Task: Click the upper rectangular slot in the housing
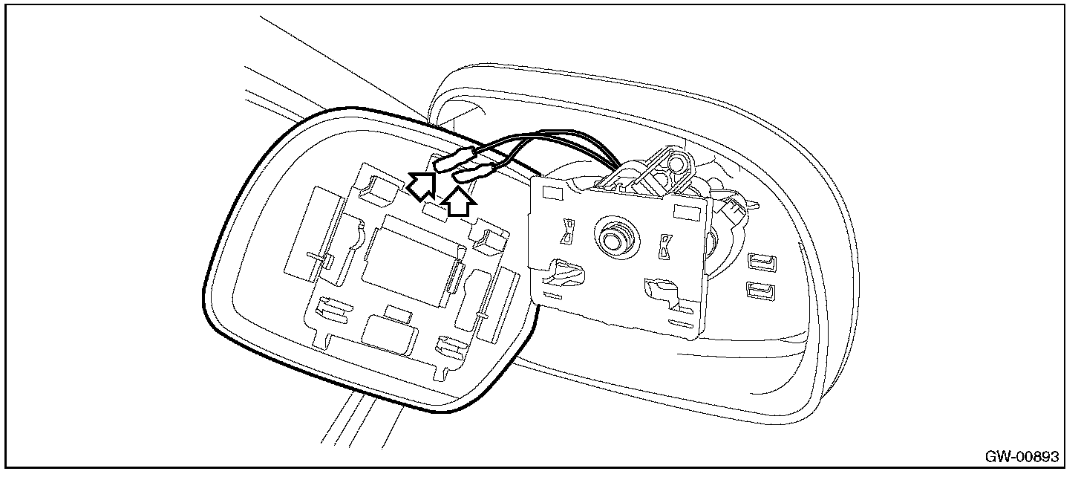761,262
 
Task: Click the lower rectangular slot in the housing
760,290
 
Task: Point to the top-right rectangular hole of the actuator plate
682,212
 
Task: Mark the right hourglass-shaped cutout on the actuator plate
664,245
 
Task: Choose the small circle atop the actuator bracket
675,160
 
